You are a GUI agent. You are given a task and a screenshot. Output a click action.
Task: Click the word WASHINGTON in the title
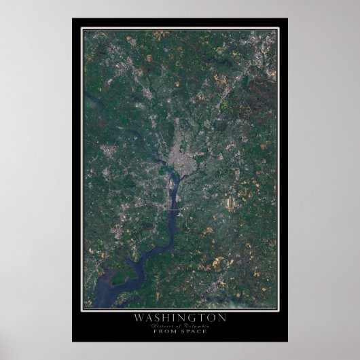[x=180, y=318]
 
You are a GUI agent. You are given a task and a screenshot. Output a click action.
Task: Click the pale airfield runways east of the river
[x=232, y=204]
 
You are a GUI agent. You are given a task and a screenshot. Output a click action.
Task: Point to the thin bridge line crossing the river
[x=175, y=212]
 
